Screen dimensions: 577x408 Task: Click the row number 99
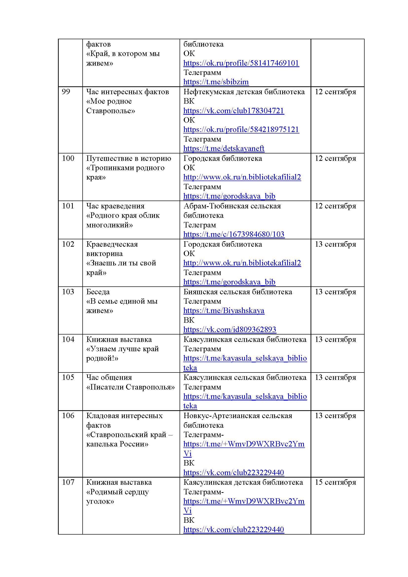(x=66, y=92)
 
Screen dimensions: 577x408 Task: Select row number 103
(x=68, y=292)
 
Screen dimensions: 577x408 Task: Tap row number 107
(x=68, y=482)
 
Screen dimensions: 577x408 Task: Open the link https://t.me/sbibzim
(x=216, y=82)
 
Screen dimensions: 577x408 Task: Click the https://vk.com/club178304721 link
(x=233, y=111)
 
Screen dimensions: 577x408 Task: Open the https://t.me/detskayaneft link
(x=223, y=149)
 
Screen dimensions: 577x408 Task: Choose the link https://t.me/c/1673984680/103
(x=234, y=234)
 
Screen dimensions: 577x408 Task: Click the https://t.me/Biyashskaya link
(x=223, y=311)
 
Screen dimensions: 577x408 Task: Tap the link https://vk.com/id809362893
(x=230, y=330)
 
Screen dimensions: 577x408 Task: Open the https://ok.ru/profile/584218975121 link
(x=241, y=130)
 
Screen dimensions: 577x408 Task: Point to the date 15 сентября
(x=335, y=482)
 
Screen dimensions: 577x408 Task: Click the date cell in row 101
(x=335, y=206)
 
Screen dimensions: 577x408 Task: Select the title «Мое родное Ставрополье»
(x=111, y=106)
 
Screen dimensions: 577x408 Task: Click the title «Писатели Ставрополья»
(x=130, y=387)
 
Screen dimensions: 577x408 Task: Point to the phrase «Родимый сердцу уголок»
(x=117, y=497)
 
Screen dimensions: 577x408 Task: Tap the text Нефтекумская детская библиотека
(x=244, y=92)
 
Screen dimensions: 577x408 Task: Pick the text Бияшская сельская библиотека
(x=238, y=292)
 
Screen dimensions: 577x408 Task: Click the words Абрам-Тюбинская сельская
(x=232, y=206)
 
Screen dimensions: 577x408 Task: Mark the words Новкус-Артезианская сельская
(x=238, y=416)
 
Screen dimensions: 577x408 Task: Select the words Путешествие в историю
(x=129, y=158)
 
